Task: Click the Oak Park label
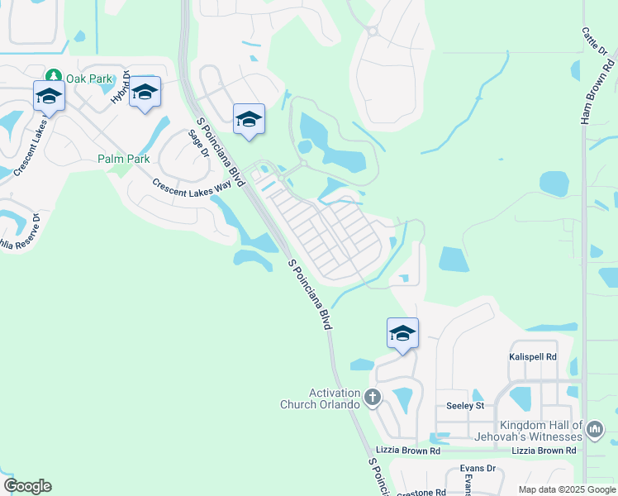coord(89,78)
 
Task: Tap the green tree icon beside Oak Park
coord(55,77)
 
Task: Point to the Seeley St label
coord(464,406)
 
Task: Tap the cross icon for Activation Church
coord(372,398)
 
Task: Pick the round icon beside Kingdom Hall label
coord(595,428)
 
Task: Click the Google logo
coord(27,486)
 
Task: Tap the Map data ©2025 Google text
coord(567,489)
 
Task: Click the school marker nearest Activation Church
coord(402,334)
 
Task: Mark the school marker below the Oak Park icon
coord(49,97)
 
